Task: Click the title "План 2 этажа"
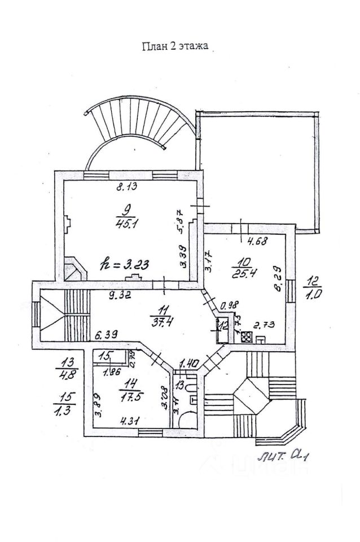(175, 47)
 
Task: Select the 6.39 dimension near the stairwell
(107, 335)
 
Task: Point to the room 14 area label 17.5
(129, 395)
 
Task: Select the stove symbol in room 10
(247, 337)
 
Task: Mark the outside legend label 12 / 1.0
(313, 287)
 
